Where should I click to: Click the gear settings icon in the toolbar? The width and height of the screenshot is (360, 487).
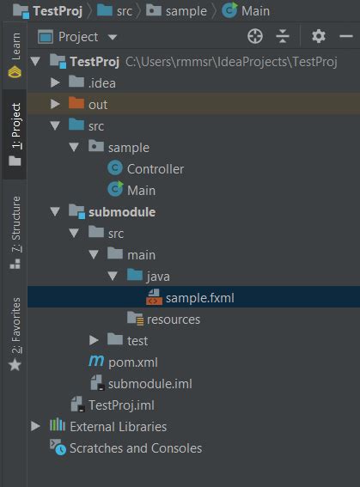pyautogui.click(x=319, y=37)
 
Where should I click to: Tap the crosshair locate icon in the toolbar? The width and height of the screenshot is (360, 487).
pyautogui.click(x=255, y=37)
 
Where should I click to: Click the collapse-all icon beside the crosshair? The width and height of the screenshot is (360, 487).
pyautogui.click(x=283, y=37)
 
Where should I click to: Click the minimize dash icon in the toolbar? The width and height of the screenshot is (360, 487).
pyautogui.click(x=346, y=37)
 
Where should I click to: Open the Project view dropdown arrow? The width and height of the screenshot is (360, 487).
pyautogui.click(x=113, y=38)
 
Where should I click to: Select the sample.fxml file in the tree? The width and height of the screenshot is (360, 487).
pyautogui.click(x=199, y=298)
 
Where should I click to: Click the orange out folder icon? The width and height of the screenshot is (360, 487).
pyautogui.click(x=76, y=103)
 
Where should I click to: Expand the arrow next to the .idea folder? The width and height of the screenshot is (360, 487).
pyautogui.click(x=55, y=82)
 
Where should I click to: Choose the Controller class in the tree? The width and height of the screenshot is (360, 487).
pyautogui.click(x=156, y=169)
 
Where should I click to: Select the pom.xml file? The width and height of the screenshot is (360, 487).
pyautogui.click(x=133, y=362)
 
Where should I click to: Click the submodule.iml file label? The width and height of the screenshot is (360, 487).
pyautogui.click(x=150, y=384)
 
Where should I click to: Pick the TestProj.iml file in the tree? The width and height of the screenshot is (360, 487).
pyautogui.click(x=121, y=405)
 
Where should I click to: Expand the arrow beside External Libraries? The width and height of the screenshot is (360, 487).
pyautogui.click(x=36, y=426)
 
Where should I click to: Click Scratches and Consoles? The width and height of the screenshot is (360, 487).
pyautogui.click(x=136, y=448)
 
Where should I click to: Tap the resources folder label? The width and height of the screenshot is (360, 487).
pyautogui.click(x=174, y=320)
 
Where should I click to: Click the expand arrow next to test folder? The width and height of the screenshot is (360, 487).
pyautogui.click(x=94, y=340)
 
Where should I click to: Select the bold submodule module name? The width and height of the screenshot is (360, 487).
pyautogui.click(x=122, y=212)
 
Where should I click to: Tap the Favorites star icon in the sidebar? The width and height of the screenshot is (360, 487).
pyautogui.click(x=15, y=365)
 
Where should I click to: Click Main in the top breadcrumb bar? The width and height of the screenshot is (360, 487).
pyautogui.click(x=255, y=11)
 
